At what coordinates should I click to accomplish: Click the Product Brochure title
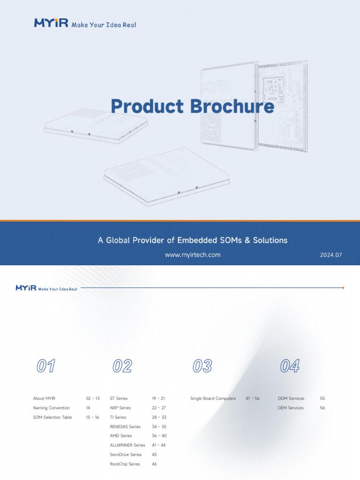click(192, 106)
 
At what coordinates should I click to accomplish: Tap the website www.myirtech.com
click(192, 255)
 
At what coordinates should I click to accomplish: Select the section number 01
click(46, 366)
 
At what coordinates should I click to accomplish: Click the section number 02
click(122, 366)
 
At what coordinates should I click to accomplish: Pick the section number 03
click(202, 366)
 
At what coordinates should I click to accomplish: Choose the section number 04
click(290, 366)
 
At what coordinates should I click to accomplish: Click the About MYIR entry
click(44, 398)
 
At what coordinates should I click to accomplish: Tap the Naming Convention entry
click(51, 408)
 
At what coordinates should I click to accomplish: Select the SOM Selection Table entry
click(52, 417)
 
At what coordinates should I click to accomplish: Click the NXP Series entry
click(120, 408)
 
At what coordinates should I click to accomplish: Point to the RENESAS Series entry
click(125, 427)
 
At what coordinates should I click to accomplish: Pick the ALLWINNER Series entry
click(127, 445)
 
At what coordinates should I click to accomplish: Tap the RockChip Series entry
click(125, 464)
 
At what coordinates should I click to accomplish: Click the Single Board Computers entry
click(213, 398)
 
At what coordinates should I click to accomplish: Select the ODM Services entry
click(291, 398)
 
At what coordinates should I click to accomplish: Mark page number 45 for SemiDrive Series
click(155, 455)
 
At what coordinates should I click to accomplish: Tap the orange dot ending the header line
click(344, 288)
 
